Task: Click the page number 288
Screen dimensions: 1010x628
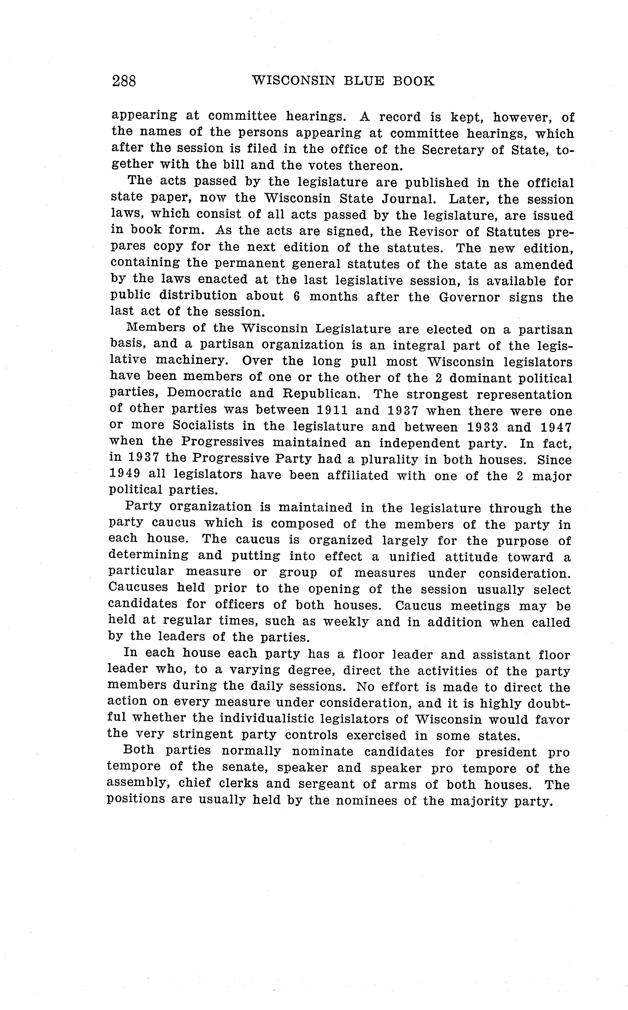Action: point(124,81)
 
